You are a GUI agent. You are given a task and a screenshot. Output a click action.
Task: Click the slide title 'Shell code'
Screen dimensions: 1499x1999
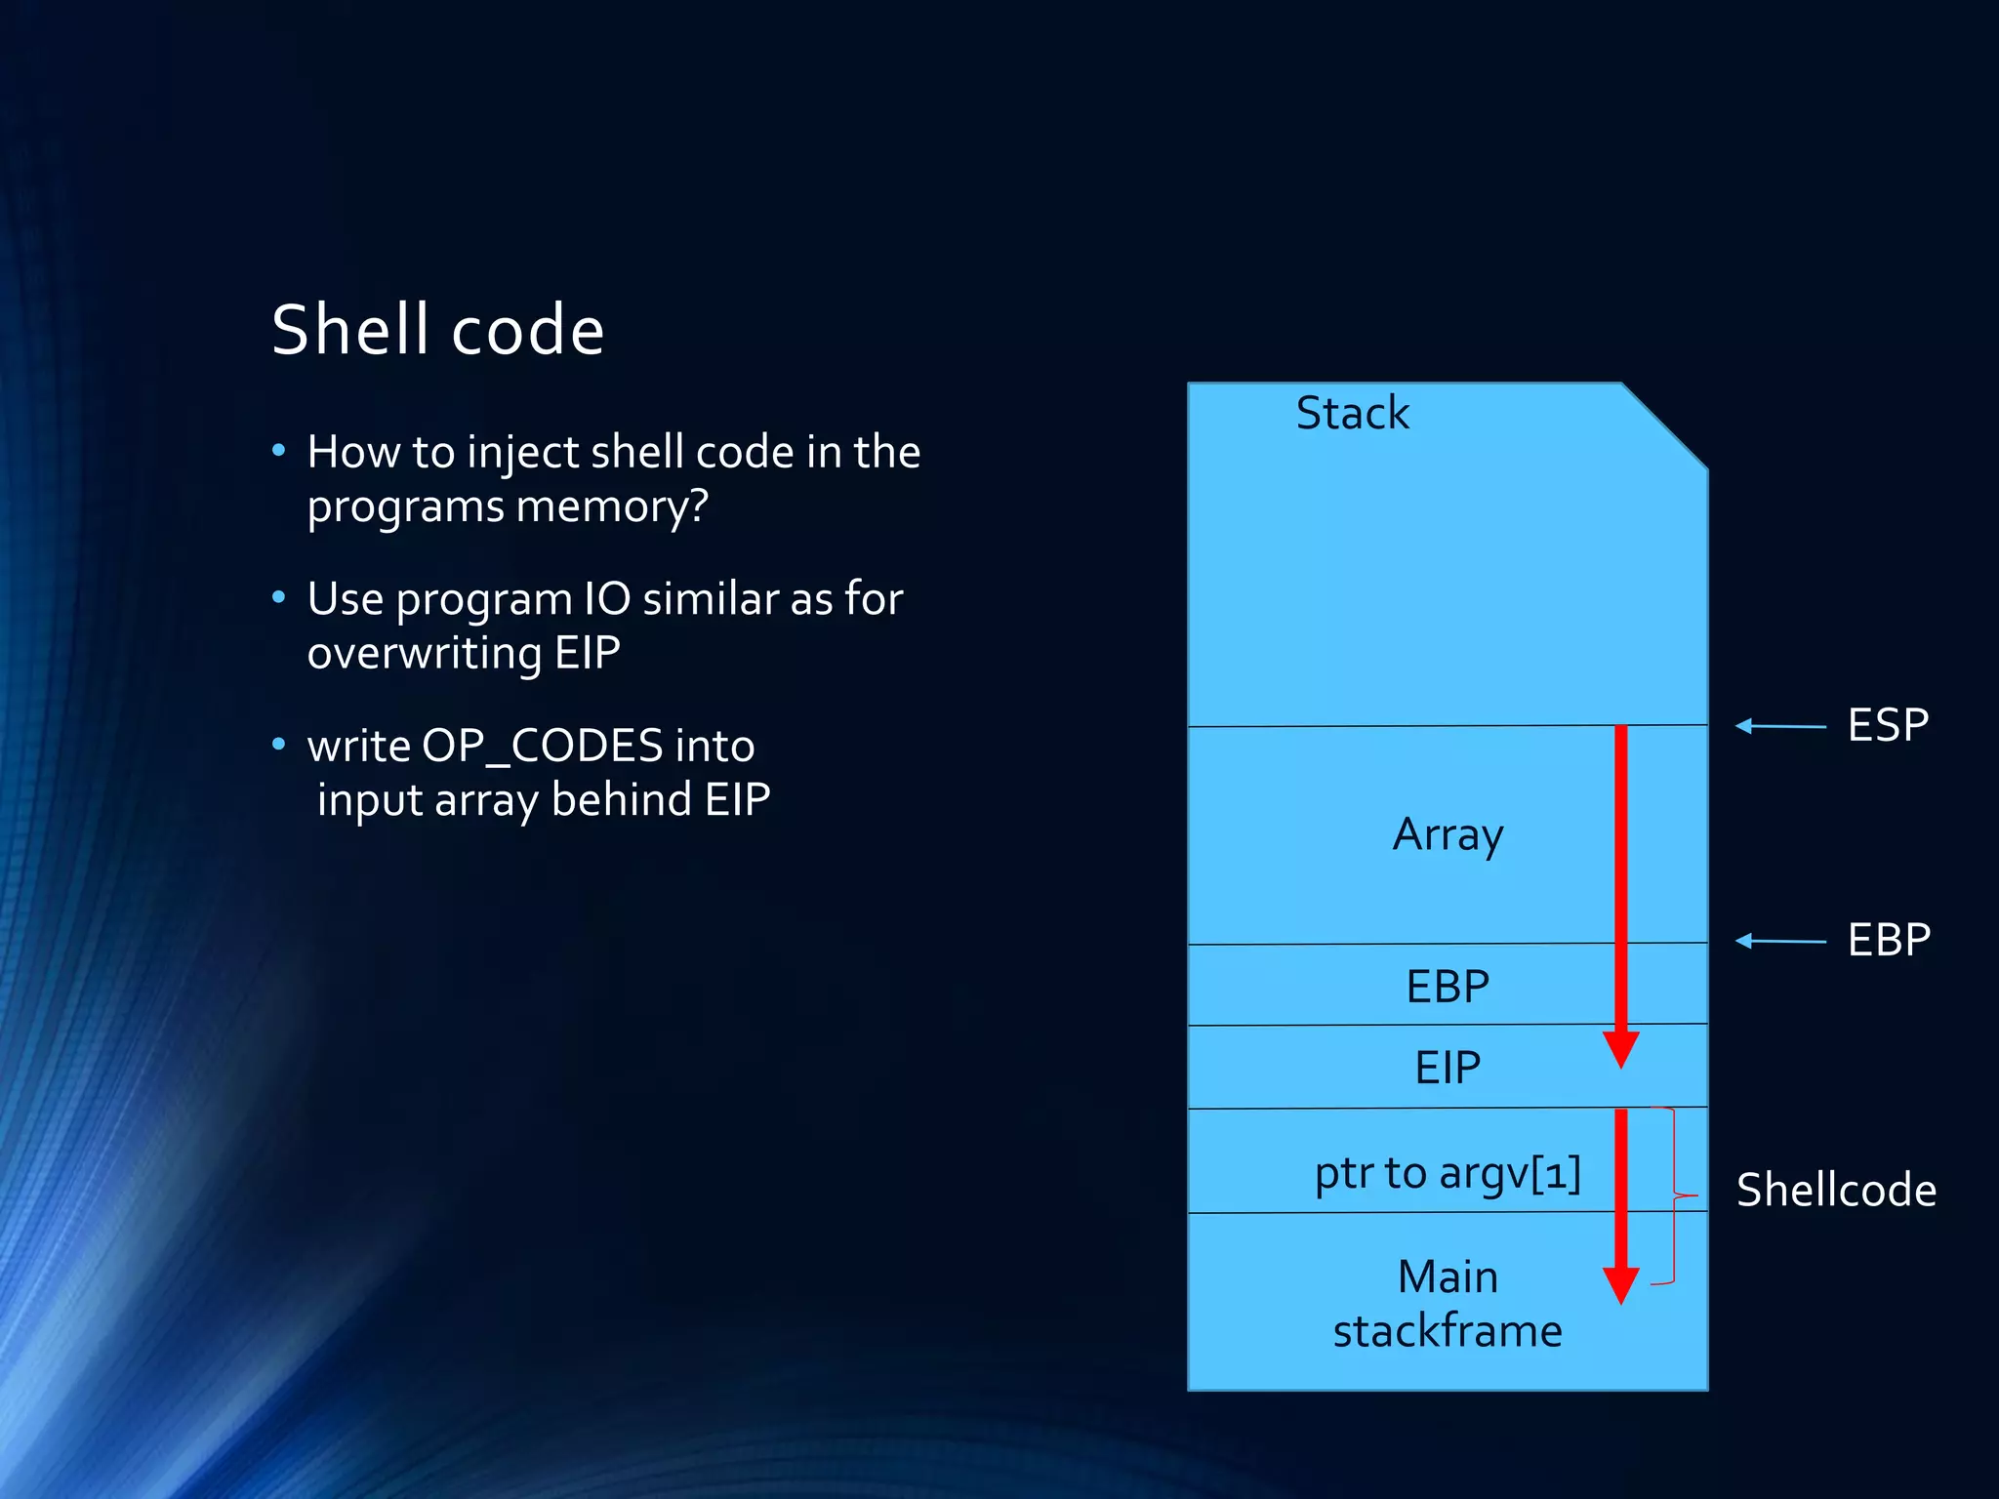(x=437, y=330)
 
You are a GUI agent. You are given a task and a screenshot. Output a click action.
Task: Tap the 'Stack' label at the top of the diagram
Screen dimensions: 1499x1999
(x=1352, y=413)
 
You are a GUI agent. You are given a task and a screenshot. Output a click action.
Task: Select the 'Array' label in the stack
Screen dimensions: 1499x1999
(x=1448, y=834)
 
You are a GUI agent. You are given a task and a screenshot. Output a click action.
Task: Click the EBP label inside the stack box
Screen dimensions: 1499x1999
(x=1448, y=986)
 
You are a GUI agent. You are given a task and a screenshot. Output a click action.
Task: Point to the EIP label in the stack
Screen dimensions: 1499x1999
(x=1448, y=1067)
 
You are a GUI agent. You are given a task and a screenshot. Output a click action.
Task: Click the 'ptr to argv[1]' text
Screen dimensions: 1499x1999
(x=1448, y=1172)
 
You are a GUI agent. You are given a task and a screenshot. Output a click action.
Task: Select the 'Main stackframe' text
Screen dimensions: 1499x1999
(x=1448, y=1304)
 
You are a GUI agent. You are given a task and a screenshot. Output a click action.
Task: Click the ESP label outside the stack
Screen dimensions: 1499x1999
(x=1888, y=725)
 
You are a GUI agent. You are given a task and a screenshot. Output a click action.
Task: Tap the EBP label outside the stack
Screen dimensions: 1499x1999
(x=1889, y=940)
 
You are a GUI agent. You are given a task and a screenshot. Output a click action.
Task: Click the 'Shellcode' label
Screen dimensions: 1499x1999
(x=1836, y=1190)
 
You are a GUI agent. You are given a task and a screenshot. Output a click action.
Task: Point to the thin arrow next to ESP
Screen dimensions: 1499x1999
(x=1779, y=726)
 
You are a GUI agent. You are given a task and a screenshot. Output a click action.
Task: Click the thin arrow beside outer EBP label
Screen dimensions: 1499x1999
(x=1779, y=941)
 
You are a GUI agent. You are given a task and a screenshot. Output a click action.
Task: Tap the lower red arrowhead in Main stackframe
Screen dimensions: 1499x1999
(x=1620, y=1285)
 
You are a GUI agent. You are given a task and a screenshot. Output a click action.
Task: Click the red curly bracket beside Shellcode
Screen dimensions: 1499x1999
(x=1675, y=1195)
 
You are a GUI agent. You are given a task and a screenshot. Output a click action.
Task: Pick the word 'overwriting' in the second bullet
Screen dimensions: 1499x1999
(x=424, y=653)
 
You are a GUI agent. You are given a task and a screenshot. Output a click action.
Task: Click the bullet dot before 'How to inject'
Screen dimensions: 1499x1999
(x=279, y=450)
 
